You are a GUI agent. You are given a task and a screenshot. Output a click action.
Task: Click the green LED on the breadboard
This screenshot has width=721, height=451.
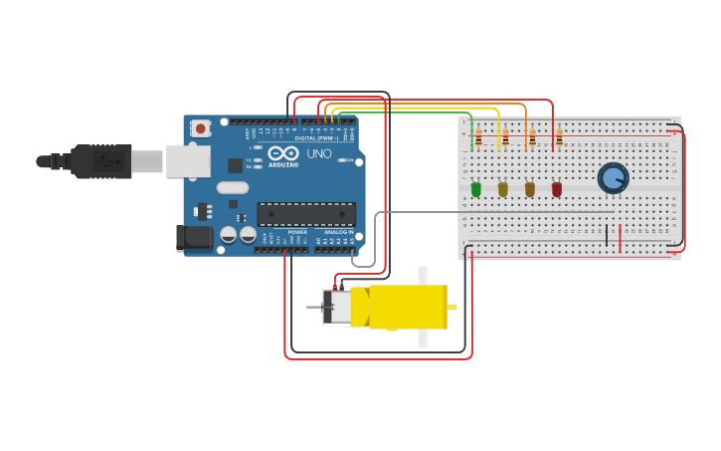click(x=475, y=188)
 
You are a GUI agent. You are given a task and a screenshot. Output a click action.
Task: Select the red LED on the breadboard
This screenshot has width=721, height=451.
click(x=557, y=188)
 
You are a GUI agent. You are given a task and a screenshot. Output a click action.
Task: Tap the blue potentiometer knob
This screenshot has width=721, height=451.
click(x=613, y=178)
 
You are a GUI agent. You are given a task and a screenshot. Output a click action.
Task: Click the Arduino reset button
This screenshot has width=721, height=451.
click(x=201, y=128)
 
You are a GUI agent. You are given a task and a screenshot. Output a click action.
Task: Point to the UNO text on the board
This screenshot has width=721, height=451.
click(x=319, y=154)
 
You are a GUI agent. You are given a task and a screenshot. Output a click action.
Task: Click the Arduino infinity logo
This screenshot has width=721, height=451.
click(x=283, y=153)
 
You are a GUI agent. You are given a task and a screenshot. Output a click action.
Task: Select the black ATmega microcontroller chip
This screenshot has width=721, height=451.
click(x=305, y=213)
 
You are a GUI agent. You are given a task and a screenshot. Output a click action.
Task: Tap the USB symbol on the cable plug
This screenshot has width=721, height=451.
click(x=103, y=160)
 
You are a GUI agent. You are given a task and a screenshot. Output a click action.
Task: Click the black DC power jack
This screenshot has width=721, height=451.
click(x=194, y=237)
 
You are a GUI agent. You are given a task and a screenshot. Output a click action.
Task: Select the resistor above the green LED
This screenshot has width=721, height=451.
click(x=478, y=137)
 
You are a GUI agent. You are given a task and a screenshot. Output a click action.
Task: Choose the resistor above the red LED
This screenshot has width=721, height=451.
click(x=559, y=137)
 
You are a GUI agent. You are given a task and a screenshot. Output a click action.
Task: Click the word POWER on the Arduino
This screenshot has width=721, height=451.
click(x=297, y=232)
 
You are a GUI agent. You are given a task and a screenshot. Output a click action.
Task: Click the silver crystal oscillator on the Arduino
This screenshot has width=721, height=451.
click(x=232, y=187)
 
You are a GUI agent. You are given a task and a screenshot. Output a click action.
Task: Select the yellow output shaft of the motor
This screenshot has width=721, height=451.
click(x=451, y=307)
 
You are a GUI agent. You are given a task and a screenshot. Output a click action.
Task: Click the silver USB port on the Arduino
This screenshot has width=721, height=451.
click(x=187, y=160)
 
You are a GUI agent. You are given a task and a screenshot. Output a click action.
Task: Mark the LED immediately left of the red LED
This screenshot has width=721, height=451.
click(x=530, y=188)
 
